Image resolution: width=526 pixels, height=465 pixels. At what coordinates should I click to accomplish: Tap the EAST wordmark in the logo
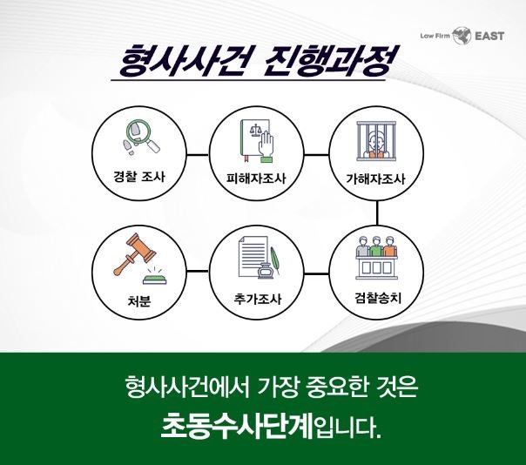pos(489,36)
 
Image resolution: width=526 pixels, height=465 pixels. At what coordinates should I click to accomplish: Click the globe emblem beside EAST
pos(462,36)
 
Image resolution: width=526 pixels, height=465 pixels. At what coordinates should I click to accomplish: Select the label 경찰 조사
pos(139,177)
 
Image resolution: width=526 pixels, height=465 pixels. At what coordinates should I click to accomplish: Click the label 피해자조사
pos(256,178)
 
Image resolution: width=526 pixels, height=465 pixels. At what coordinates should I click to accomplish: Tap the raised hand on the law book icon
pos(266,146)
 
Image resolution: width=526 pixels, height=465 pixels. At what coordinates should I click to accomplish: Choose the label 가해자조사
pos(375,179)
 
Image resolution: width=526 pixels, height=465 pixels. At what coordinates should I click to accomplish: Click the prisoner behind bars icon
pos(375,141)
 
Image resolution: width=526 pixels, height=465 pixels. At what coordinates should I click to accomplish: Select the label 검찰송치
pos(378,297)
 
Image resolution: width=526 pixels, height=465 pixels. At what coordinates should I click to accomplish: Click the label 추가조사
pos(258,299)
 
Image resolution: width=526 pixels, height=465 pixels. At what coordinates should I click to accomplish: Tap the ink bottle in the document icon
pos(266,271)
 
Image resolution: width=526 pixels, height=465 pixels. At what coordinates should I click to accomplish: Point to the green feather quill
pos(275,260)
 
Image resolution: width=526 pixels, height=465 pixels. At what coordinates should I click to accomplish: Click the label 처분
pos(138,300)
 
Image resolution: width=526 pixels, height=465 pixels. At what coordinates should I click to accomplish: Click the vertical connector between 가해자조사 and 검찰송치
pos(377,213)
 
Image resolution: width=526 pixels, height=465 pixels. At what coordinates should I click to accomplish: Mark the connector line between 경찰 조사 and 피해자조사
pos(198,155)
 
